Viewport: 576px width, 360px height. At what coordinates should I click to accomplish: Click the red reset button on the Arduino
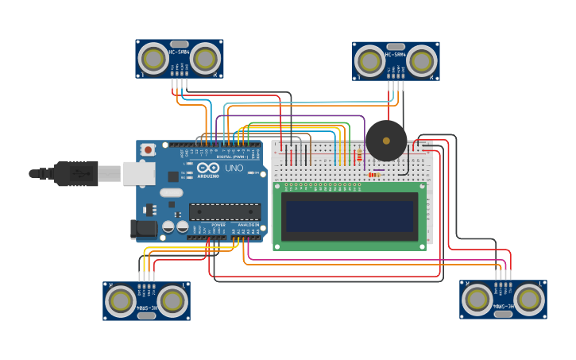point(149,149)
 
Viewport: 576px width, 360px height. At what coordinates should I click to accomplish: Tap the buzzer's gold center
point(386,141)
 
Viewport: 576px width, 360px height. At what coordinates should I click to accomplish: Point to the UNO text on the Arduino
point(234,168)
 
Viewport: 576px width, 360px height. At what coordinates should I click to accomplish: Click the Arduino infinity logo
point(208,168)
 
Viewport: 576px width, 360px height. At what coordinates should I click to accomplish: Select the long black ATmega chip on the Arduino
point(224,211)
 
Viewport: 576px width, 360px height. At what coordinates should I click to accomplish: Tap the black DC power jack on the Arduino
point(143,229)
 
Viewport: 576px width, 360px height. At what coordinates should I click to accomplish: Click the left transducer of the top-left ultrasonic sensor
point(153,58)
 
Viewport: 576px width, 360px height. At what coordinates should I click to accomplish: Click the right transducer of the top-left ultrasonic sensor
point(206,58)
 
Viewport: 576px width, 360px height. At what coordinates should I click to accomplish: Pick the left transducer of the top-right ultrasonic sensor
point(369,60)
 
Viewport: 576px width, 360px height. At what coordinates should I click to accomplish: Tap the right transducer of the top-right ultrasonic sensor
point(423,60)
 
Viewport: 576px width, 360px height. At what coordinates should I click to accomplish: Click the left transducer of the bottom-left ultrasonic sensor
point(121,300)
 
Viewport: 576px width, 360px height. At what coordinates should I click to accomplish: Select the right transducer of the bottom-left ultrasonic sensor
point(173,300)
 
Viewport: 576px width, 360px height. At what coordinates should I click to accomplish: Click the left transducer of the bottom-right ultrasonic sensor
point(477,300)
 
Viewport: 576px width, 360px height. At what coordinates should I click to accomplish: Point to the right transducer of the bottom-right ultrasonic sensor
point(530,300)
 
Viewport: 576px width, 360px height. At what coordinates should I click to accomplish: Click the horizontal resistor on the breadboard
point(373,175)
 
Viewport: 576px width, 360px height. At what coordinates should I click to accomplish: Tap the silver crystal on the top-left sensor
point(180,45)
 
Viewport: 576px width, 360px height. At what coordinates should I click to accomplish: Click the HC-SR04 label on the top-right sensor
point(396,55)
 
